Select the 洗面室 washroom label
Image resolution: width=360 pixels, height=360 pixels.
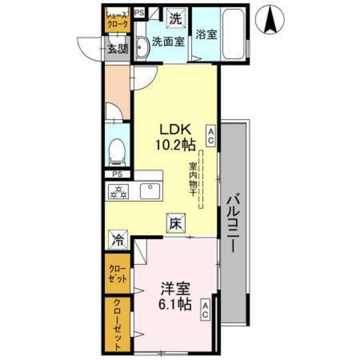click(x=168, y=43)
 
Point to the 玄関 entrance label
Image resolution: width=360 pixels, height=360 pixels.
click(x=118, y=48)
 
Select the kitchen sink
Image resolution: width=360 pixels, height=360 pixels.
click(x=151, y=190)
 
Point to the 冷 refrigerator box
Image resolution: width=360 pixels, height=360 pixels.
click(x=118, y=240)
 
